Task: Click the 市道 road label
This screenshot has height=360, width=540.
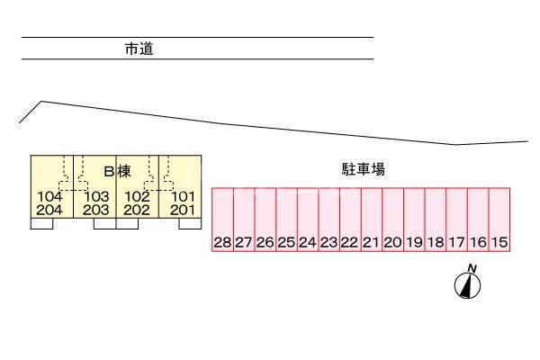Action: (x=139, y=50)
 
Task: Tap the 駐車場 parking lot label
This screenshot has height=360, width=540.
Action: (x=365, y=169)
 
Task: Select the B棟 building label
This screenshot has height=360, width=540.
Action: (x=118, y=170)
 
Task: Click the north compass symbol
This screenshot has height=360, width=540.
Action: (x=468, y=283)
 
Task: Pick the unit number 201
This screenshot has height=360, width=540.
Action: (x=183, y=211)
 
